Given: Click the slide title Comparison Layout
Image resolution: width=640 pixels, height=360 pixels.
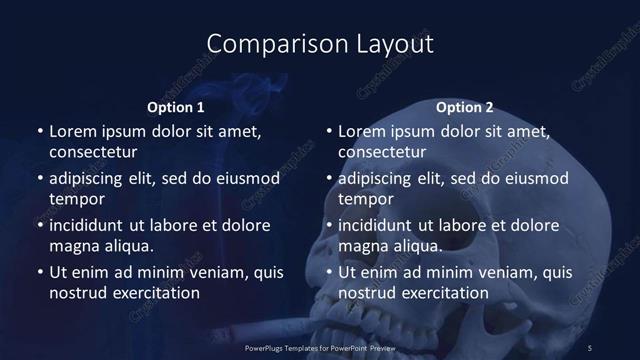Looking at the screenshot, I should coord(320,44).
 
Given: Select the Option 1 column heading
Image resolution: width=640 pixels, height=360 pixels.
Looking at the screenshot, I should coord(175,107).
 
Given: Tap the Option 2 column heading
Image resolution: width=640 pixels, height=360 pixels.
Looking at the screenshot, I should coord(465,107).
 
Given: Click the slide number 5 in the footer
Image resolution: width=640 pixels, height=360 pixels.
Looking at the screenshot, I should coord(590,347).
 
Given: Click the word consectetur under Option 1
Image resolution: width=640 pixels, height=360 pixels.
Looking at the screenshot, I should coord(92,152).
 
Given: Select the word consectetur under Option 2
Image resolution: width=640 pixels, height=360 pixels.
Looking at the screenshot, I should coord(382,152).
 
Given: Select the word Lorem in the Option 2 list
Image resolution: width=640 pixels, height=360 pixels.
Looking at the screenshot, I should coord(362,131).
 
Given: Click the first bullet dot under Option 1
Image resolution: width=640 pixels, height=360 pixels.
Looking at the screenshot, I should coord(39,132).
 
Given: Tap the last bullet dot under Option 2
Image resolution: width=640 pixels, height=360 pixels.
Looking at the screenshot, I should coord(329,273).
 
